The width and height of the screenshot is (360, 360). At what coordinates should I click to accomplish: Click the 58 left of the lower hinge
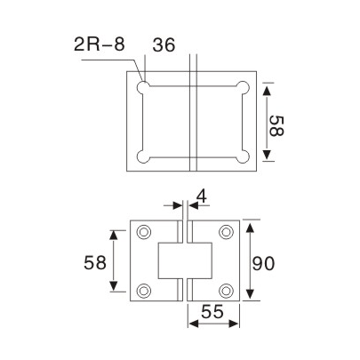point(95,262)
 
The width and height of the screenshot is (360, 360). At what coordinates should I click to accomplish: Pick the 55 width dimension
point(211,314)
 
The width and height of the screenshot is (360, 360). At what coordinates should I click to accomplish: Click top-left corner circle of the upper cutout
point(143,88)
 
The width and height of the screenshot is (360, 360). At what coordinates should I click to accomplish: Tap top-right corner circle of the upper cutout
point(241,88)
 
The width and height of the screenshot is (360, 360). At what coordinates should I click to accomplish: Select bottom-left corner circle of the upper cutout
point(143,159)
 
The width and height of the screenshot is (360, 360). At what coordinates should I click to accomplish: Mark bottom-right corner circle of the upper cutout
point(241,159)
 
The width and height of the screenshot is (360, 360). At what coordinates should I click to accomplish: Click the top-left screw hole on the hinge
point(145,232)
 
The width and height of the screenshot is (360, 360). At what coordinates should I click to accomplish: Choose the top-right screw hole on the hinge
point(227,232)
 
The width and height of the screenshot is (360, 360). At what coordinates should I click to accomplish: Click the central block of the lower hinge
point(185,260)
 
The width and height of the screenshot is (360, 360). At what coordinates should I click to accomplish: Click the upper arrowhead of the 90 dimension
point(252,224)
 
